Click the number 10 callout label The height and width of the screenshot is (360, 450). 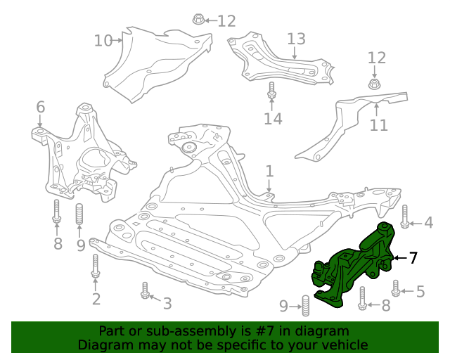click(103, 41)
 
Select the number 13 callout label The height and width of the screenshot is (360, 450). click(296, 39)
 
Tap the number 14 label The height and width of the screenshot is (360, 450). click(273, 119)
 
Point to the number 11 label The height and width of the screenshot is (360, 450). click(379, 125)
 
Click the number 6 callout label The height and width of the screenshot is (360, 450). click(41, 107)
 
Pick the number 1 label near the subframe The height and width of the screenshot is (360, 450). click(269, 171)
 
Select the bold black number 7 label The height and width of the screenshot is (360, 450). click(413, 258)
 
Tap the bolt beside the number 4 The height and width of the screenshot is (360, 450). click(405, 217)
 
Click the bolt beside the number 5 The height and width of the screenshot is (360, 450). click(397, 288)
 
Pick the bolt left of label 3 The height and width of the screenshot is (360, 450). click(145, 290)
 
